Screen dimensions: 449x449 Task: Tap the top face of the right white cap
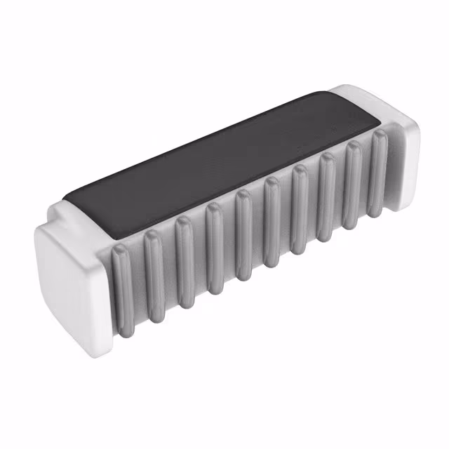365,98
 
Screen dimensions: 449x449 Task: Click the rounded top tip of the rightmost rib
379,137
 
